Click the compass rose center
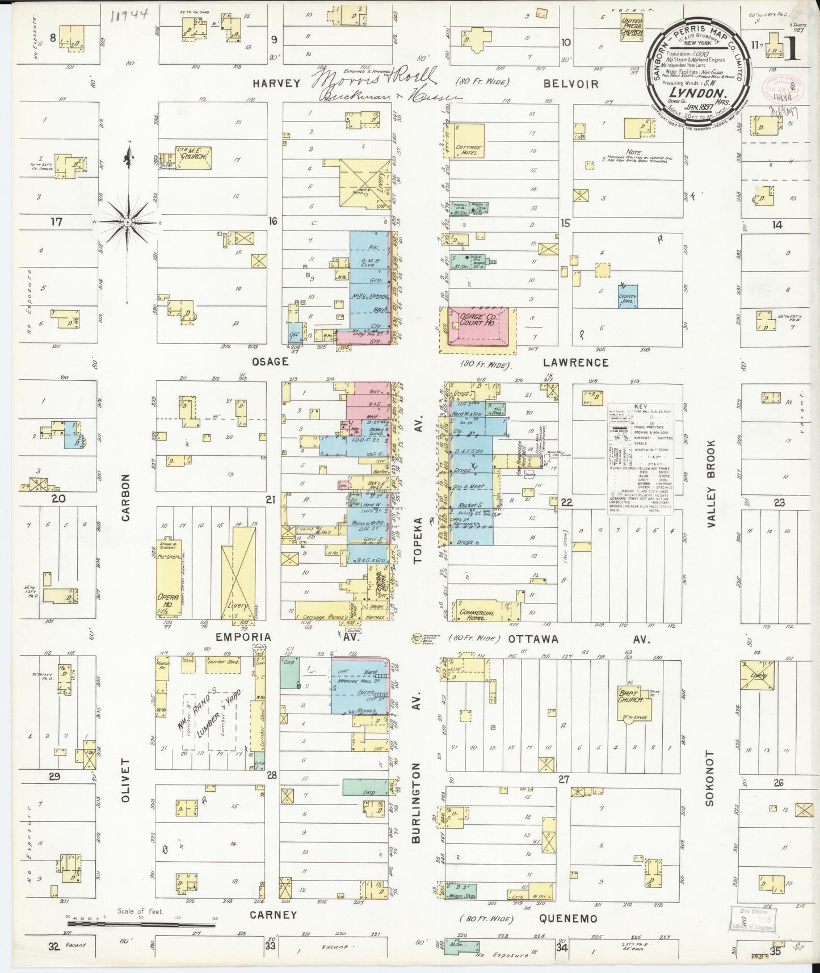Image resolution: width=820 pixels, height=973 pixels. click(x=128, y=223)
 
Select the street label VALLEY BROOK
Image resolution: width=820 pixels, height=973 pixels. click(x=713, y=485)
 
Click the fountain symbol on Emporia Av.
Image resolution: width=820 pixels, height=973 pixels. click(x=419, y=638)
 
